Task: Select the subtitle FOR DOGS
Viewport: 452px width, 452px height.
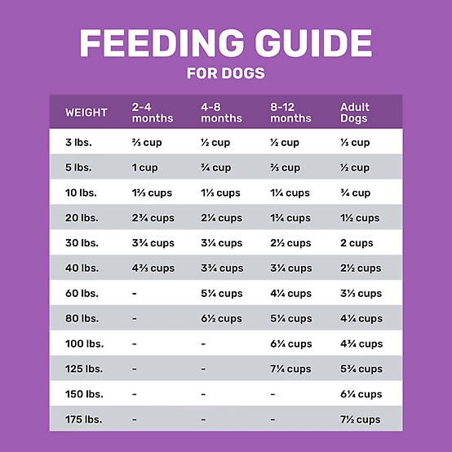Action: coord(225,73)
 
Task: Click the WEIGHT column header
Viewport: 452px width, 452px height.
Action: coord(86,113)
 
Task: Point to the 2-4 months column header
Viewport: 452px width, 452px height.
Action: coord(153,113)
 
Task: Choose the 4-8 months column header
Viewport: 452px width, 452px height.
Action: coord(221,113)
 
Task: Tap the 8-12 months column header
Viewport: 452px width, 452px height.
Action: coord(290,113)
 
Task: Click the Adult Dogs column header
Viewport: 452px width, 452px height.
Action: coord(354,113)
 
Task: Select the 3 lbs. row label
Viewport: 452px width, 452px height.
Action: coord(78,143)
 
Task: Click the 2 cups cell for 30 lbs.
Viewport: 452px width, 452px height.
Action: coord(357,243)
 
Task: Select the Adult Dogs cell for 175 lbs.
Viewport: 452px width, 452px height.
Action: coord(361,419)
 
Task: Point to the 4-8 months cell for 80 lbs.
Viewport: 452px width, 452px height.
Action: coord(221,319)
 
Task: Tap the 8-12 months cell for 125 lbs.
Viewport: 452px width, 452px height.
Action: coord(290,370)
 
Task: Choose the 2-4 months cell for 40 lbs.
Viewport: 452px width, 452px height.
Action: coord(153,268)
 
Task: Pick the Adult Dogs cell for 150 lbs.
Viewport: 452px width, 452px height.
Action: coord(361,395)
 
